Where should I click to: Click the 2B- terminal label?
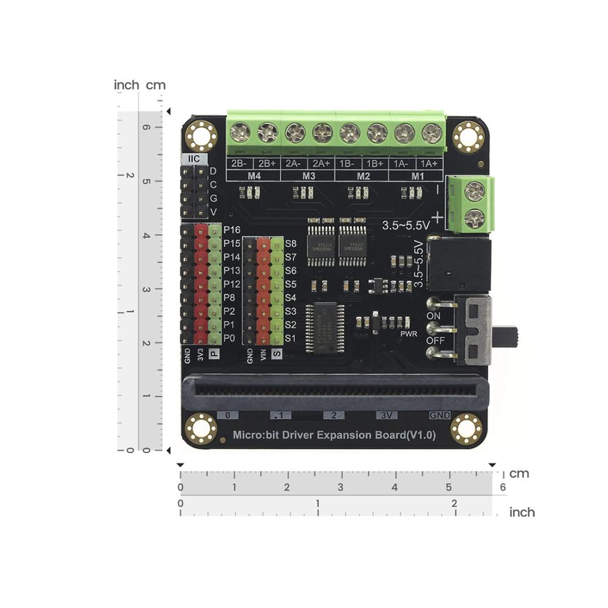pos(239,164)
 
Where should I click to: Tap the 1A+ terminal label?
pos(429,164)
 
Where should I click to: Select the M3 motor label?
pos(308,176)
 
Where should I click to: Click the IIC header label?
pos(194,159)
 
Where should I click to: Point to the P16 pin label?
pos(232,230)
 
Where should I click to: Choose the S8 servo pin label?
pos(291,243)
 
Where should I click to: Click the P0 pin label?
pos(229,338)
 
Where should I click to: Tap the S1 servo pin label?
pos(291,338)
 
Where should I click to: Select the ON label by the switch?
pos(434,316)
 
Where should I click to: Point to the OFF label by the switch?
pos(435,340)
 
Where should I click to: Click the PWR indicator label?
pos(408,334)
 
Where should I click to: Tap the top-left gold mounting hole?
pos(201,136)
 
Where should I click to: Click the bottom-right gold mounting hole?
pos(467,429)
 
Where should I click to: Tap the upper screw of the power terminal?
pos(474,192)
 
